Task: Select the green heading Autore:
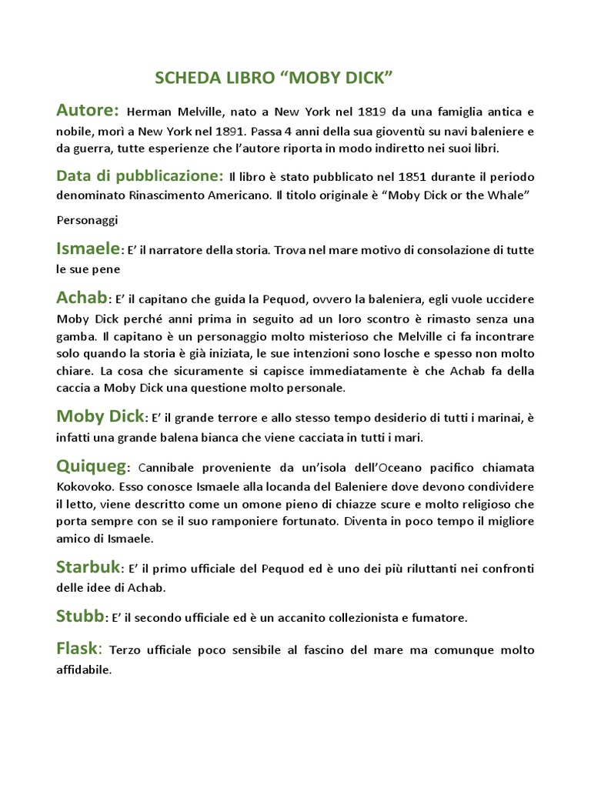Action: pos(87,110)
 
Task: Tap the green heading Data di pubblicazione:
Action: pos(140,176)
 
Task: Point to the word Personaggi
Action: pos(87,220)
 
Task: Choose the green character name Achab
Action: pos(82,298)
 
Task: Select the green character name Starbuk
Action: pos(88,568)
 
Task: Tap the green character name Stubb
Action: pos(81,616)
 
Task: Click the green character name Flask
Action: pos(78,649)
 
